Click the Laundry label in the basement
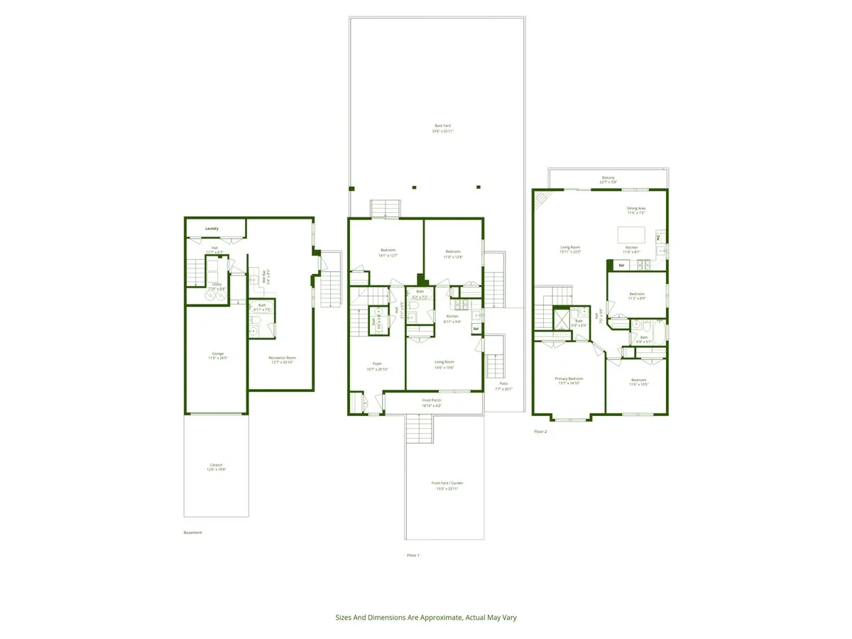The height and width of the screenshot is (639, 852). coord(212,229)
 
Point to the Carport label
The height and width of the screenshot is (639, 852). coord(216,465)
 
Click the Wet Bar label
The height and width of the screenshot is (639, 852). coord(264,276)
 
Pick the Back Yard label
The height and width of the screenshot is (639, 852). coord(443,126)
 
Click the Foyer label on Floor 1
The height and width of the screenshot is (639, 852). coord(377,364)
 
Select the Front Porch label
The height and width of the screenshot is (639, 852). coord(432,400)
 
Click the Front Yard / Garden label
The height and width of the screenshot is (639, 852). coord(447,483)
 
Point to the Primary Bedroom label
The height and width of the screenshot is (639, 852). coord(569,379)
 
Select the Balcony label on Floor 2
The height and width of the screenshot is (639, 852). coord(608,177)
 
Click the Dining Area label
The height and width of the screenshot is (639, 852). coord(635,209)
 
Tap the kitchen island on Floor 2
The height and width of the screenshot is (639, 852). coord(630,235)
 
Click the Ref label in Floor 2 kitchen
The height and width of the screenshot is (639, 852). coord(621,265)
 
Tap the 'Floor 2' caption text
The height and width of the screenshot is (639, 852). coord(540,431)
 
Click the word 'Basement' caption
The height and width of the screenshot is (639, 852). coord(192,532)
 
